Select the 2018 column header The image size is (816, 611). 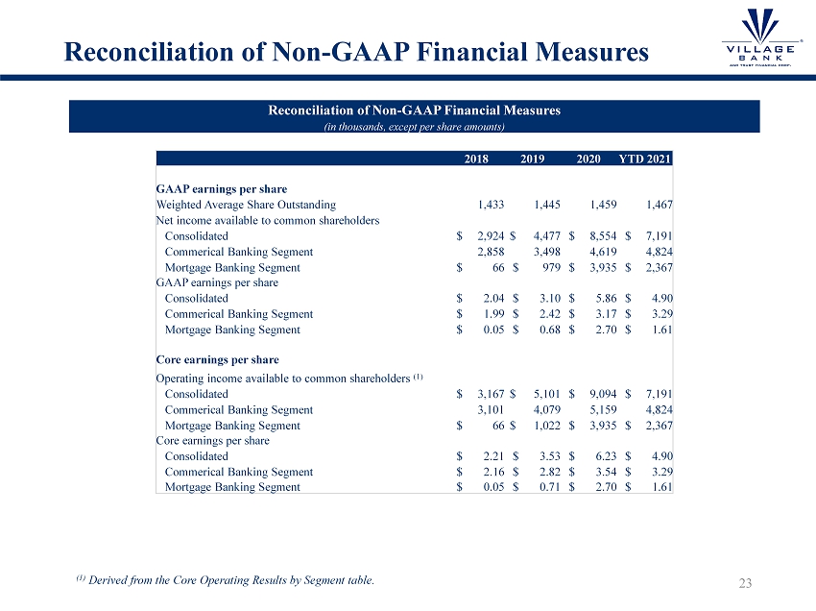pos(476,159)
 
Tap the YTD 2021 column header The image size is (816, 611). pos(646,159)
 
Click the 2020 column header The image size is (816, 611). pos(588,159)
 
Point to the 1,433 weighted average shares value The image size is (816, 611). pos(492,205)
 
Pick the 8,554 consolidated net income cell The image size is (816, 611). pos(602,235)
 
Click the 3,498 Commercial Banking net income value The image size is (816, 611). pos(545,252)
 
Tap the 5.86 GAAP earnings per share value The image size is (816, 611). pos(605,298)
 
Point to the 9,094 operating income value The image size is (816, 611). pos(602,393)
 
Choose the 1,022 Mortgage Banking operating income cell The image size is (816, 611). pos(545,425)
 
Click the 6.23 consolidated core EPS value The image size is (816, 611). pos(605,455)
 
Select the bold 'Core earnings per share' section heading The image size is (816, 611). pos(217,360)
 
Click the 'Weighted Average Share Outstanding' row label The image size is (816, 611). pos(246,205)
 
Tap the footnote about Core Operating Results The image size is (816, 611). pos(226,579)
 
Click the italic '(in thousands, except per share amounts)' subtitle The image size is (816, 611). pos(414,126)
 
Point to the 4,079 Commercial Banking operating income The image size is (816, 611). pos(545,409)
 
